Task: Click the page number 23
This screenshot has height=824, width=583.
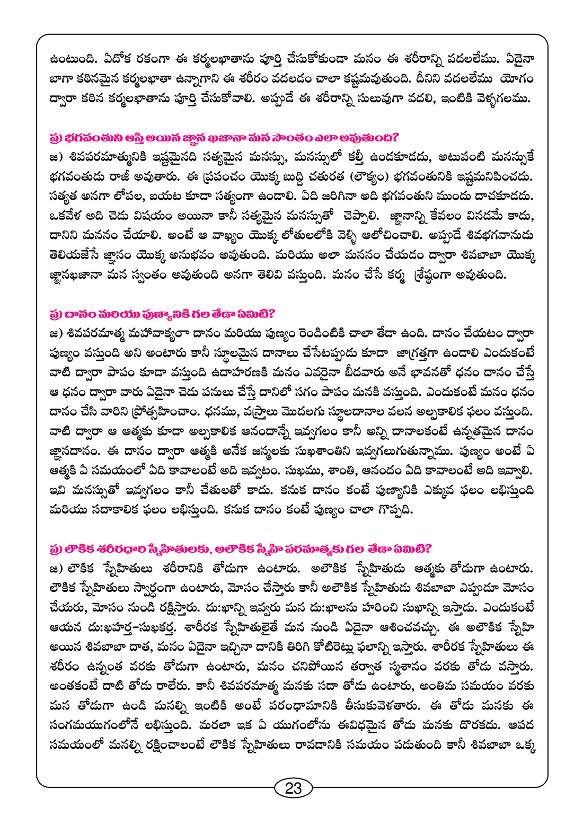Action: [293, 788]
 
